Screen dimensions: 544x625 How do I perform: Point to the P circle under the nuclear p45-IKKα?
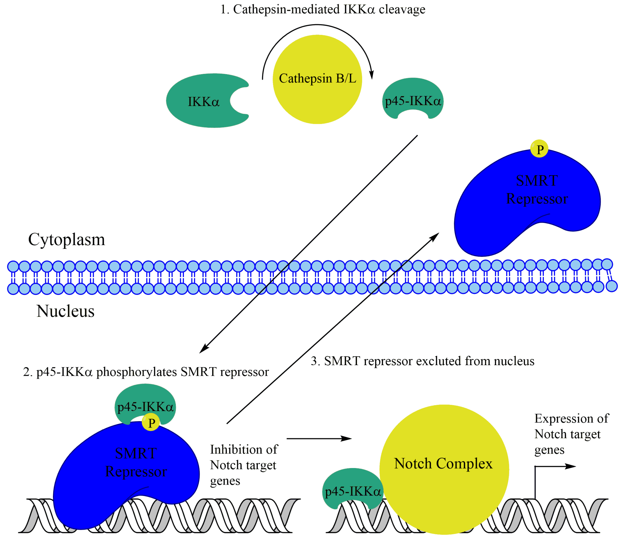click(151, 423)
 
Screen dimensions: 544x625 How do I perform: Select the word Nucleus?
click(65, 311)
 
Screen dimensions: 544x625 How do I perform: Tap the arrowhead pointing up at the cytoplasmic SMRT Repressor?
click(436, 236)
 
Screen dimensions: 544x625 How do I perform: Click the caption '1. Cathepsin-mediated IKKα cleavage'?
click(323, 10)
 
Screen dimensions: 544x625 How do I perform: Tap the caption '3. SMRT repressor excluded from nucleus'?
click(422, 361)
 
